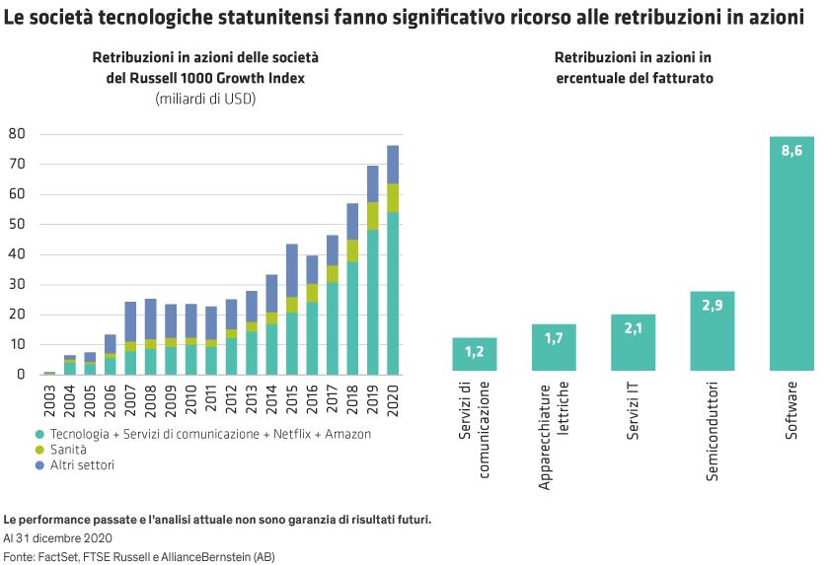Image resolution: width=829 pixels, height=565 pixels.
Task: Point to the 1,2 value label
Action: (474, 352)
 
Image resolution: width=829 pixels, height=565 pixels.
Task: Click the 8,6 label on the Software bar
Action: (791, 151)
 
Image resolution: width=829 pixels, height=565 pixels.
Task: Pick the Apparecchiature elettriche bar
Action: (554, 347)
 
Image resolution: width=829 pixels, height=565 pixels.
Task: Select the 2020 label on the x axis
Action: (393, 395)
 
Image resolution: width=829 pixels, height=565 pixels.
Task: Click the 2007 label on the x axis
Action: (130, 395)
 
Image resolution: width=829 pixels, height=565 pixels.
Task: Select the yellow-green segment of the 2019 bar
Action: (373, 216)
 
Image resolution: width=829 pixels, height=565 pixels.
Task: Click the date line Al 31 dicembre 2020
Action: (57, 538)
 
